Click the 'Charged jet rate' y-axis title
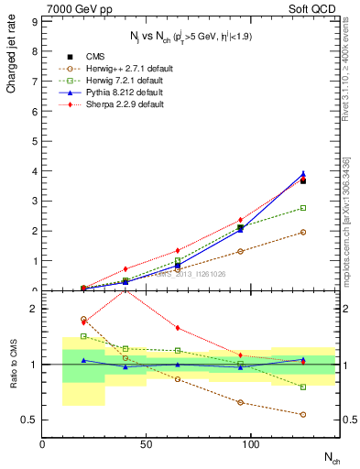12,55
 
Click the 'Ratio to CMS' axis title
12,365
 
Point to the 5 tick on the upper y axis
34,141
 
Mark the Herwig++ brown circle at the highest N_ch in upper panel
303,232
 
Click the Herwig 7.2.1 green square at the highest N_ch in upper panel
303,208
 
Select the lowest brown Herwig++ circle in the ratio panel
303,414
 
